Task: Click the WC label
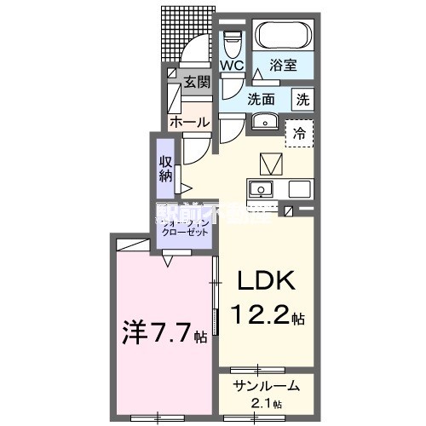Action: point(232,65)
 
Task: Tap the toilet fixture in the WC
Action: point(233,40)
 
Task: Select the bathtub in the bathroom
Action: point(284,36)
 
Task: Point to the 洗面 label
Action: point(260,99)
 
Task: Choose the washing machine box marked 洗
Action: point(302,99)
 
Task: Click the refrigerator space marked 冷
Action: point(299,132)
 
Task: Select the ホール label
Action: point(189,122)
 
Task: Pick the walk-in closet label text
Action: point(185,225)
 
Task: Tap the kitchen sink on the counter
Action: point(261,188)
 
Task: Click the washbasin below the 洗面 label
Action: point(262,119)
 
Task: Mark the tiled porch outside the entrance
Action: point(184,34)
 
